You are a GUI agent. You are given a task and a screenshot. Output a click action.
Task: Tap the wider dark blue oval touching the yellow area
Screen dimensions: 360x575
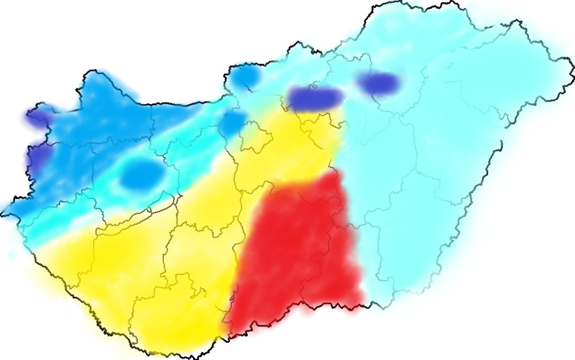click(314, 97)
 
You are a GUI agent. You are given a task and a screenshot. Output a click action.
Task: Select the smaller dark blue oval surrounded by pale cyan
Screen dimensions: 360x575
click(379, 83)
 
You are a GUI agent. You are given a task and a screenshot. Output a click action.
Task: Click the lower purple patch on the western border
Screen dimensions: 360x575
click(37, 154)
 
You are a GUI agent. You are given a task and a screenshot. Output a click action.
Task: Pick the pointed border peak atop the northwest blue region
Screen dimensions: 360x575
click(91, 70)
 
